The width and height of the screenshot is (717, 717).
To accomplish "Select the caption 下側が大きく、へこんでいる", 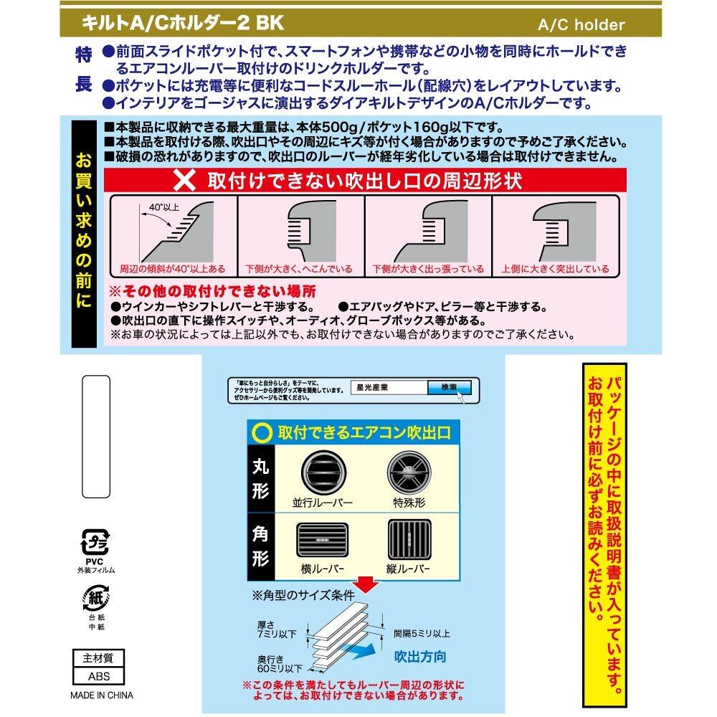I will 299,270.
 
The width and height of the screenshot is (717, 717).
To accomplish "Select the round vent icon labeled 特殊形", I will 408,473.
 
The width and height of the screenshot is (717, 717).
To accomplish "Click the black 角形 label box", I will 262,547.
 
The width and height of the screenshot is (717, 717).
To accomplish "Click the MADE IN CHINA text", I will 101,695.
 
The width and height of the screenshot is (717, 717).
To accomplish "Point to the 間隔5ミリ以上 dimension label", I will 422,634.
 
